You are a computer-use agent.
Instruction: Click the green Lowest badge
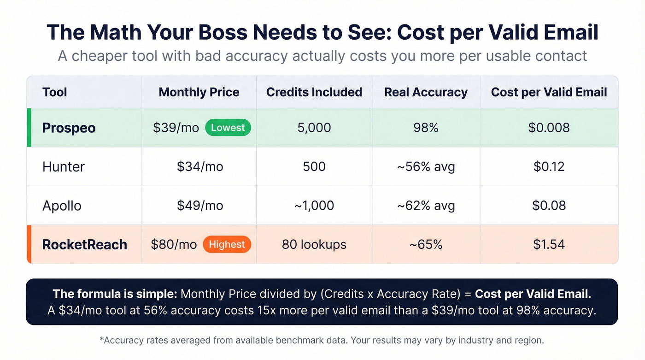click(x=228, y=128)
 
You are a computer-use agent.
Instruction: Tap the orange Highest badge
click(x=227, y=244)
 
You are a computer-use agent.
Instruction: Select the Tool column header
click(x=55, y=92)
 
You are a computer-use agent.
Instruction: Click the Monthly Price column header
click(x=199, y=92)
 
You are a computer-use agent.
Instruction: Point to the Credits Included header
click(x=314, y=92)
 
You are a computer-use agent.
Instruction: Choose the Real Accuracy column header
click(x=426, y=92)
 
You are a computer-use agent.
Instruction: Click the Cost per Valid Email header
click(x=549, y=92)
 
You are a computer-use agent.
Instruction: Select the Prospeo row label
click(x=69, y=128)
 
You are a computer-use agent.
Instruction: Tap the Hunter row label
click(x=64, y=166)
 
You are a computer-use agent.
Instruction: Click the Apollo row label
click(x=62, y=206)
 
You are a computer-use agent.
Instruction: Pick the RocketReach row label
click(x=85, y=244)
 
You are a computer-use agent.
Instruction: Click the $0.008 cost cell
click(x=549, y=128)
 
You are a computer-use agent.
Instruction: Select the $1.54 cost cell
click(x=549, y=244)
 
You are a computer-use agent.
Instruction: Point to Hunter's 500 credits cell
click(x=314, y=166)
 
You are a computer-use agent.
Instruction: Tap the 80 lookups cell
click(x=314, y=244)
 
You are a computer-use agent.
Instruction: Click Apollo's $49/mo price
click(x=200, y=206)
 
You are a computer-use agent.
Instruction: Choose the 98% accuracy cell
click(x=426, y=128)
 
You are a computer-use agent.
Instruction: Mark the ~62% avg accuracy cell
click(x=426, y=206)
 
